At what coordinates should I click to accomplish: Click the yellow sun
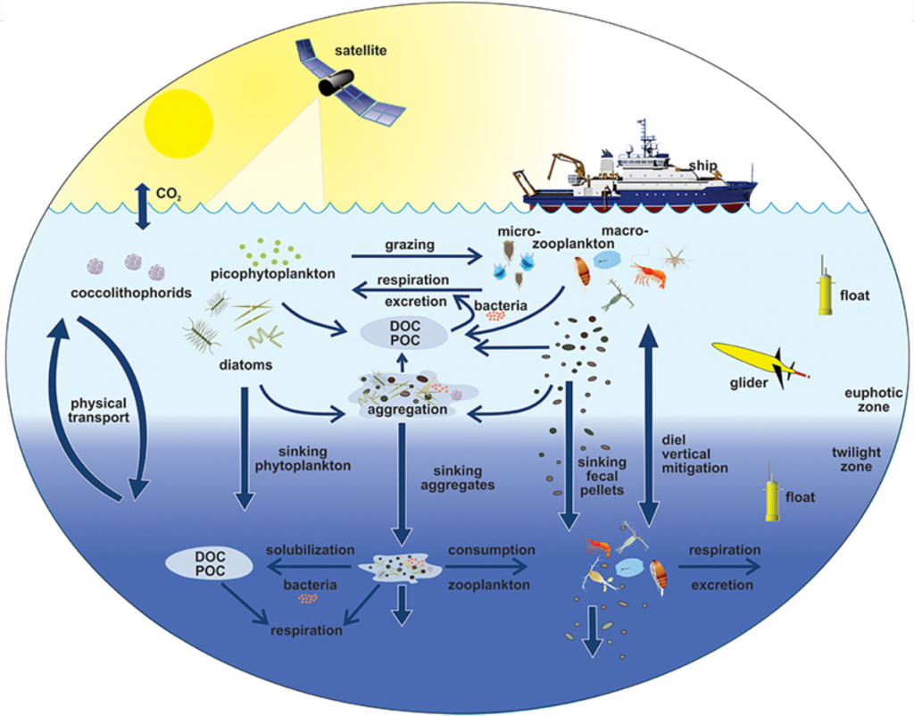tap(179, 121)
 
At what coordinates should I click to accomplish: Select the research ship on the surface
tap(638, 179)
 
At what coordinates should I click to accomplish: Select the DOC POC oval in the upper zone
tap(404, 332)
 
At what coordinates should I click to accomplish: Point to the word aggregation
tap(405, 409)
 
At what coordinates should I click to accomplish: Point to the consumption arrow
tap(490, 566)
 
